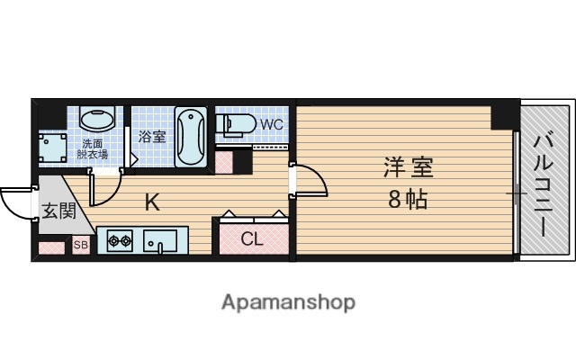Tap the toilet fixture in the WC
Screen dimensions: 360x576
click(x=236, y=123)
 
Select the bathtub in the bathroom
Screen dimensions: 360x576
click(x=192, y=137)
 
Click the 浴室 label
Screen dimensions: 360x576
click(x=152, y=137)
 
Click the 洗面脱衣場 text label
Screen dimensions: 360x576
click(x=94, y=148)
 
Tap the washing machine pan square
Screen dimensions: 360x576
click(x=53, y=147)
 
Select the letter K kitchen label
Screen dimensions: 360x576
click(x=153, y=202)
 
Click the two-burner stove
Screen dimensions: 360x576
click(x=120, y=240)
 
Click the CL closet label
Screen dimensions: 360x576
click(x=253, y=239)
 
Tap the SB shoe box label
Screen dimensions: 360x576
click(x=79, y=245)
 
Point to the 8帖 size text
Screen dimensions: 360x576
click(x=408, y=200)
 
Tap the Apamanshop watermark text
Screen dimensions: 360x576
click(x=288, y=302)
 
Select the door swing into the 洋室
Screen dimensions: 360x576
click(x=310, y=180)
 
